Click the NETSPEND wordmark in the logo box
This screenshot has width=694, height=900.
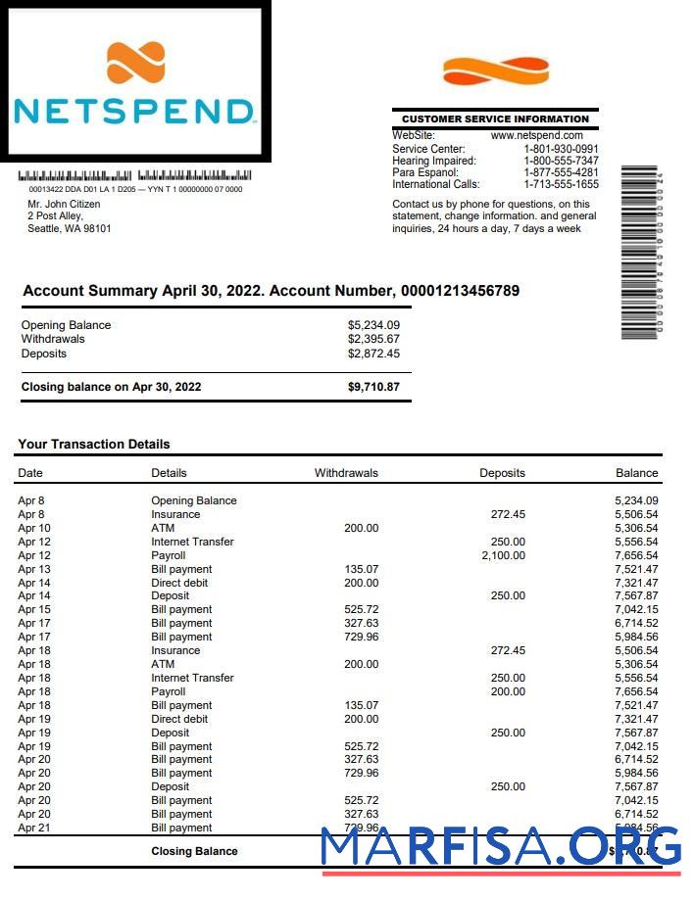(134, 110)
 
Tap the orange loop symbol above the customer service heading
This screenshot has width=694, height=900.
(495, 71)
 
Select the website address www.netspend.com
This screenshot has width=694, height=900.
(536, 135)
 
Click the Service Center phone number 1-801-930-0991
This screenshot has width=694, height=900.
(561, 149)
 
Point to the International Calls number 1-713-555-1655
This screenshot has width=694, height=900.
(561, 184)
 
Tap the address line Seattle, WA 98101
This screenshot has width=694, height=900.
(69, 229)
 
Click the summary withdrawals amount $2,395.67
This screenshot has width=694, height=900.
(373, 339)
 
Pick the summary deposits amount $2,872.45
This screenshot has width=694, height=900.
(373, 354)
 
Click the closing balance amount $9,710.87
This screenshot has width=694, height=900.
(373, 387)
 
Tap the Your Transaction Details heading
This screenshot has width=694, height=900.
(94, 444)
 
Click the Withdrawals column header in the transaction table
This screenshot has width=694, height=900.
(346, 473)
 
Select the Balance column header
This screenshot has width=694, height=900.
(636, 473)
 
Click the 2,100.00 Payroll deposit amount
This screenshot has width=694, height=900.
(503, 555)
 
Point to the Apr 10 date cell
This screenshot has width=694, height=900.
(34, 528)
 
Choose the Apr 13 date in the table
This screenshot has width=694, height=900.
(34, 569)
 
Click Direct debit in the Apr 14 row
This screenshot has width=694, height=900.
(179, 583)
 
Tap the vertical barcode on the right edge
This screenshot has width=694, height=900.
(642, 254)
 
